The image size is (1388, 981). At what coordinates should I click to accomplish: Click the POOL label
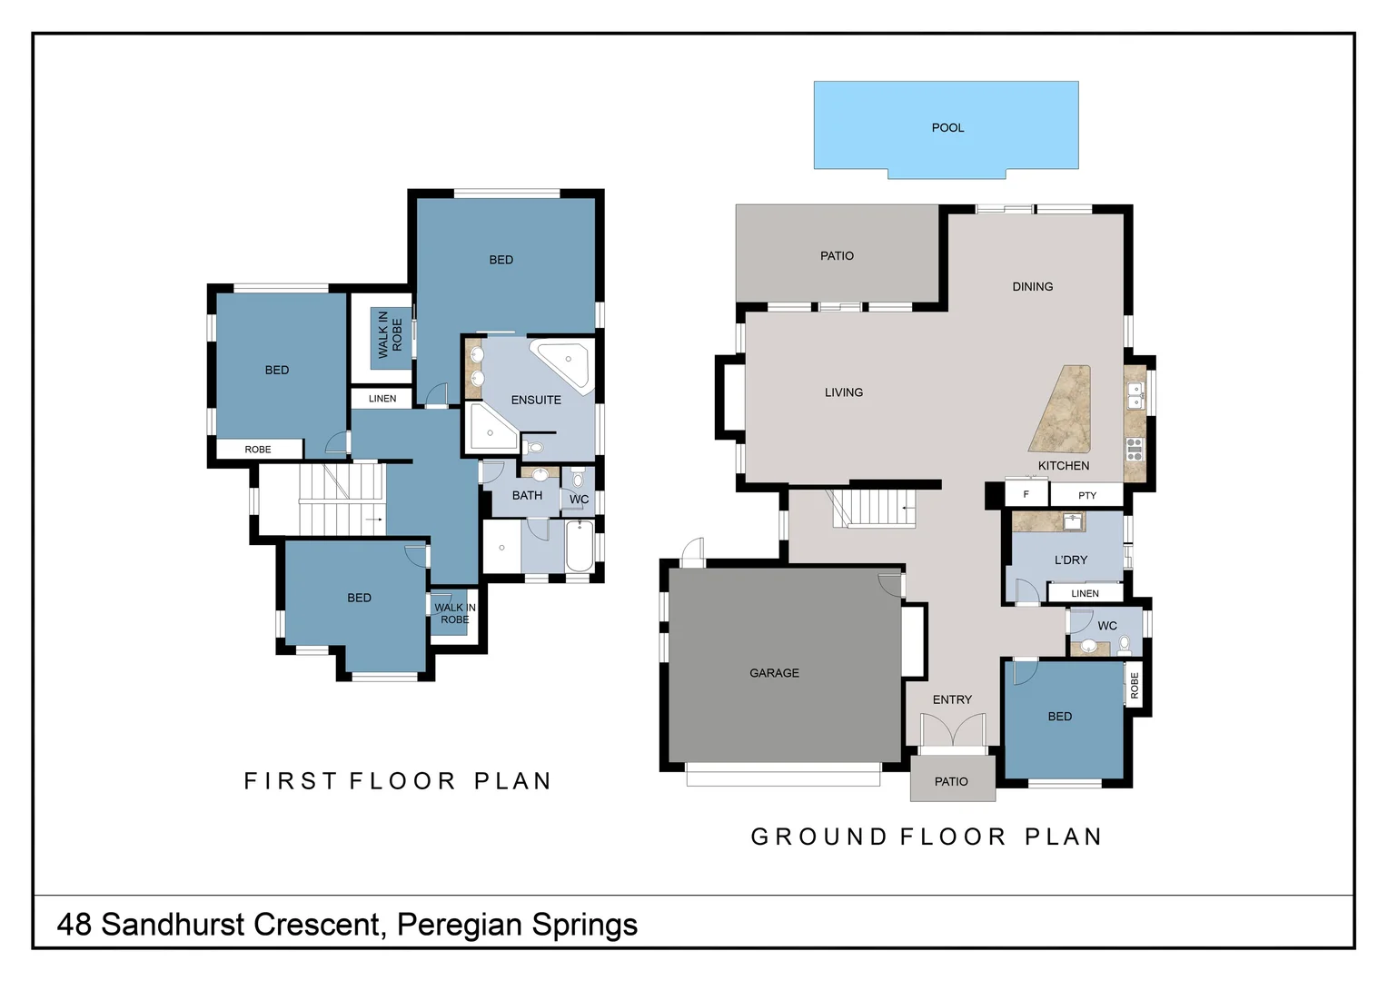click(947, 128)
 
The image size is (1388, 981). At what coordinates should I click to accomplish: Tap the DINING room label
click(1033, 287)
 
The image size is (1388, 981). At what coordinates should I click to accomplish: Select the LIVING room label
click(844, 392)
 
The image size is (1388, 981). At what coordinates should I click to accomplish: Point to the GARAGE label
click(774, 673)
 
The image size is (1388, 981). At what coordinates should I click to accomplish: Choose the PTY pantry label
click(1087, 496)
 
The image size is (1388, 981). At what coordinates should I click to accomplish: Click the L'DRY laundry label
click(1071, 560)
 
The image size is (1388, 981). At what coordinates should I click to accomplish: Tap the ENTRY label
click(952, 699)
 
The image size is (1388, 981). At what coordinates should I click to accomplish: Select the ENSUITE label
click(536, 400)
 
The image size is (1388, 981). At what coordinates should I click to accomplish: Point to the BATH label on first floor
click(527, 495)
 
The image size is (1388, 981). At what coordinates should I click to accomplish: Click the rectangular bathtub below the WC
click(580, 546)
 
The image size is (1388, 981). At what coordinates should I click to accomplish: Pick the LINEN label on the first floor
click(382, 399)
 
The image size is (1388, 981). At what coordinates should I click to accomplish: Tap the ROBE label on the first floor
click(258, 450)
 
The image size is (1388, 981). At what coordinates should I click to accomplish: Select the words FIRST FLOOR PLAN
click(398, 781)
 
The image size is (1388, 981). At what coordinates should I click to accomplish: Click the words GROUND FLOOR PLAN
click(927, 837)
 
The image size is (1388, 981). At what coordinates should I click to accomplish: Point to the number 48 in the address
click(74, 925)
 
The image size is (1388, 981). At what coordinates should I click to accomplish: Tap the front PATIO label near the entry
click(951, 782)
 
